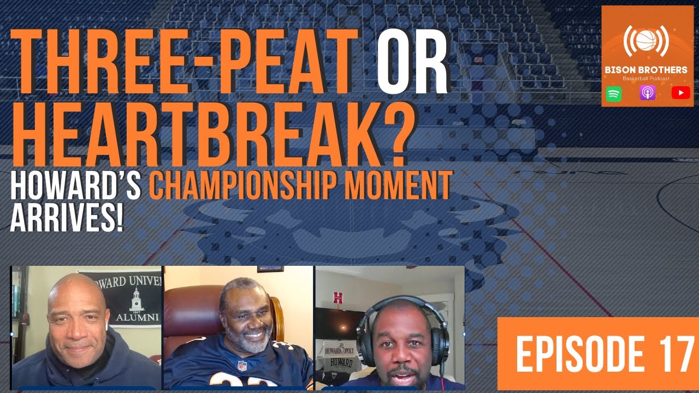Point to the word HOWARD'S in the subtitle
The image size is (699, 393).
pos(76,186)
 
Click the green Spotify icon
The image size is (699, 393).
pos(614,93)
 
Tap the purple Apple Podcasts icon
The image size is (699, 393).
pos(647,93)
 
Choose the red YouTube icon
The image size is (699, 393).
pos(680,93)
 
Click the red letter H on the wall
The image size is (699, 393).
pos(338,298)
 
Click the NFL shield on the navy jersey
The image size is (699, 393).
pos(242,365)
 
